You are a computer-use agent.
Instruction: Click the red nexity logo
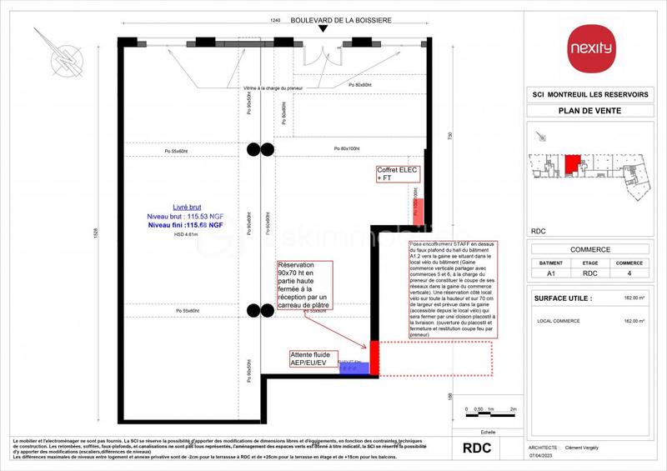(x=590, y=48)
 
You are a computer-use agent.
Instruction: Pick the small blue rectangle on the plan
(x=354, y=368)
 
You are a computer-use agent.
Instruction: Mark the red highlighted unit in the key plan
(x=572, y=163)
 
